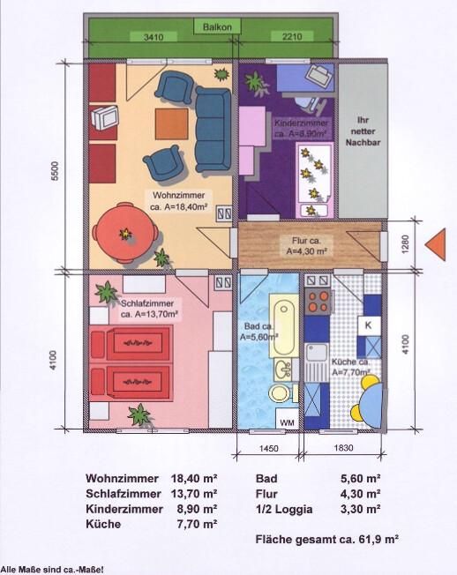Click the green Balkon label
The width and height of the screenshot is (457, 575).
click(217, 26)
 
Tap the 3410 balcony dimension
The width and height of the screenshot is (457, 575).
click(154, 37)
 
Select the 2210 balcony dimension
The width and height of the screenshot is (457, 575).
click(292, 37)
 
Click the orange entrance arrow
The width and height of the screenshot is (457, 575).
click(436, 244)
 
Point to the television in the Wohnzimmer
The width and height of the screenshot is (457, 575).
click(104, 117)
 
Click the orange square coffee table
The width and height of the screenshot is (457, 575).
click(172, 124)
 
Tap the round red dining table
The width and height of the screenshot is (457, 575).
click(125, 233)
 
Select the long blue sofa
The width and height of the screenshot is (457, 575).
click(214, 130)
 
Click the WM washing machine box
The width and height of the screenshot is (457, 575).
click(287, 422)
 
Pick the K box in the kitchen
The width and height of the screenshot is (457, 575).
click(369, 325)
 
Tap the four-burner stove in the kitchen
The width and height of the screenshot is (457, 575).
click(318, 301)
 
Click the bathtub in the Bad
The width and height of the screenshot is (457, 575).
click(284, 325)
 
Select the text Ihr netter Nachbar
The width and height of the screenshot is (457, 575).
click(363, 131)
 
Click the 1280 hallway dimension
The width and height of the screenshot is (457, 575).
click(405, 244)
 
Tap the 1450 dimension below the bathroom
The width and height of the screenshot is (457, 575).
click(269, 448)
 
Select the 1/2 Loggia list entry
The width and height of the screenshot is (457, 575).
click(284, 510)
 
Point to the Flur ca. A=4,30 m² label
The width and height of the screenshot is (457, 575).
click(307, 246)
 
